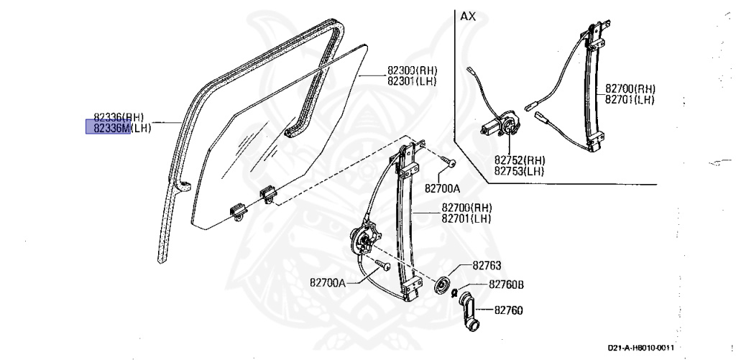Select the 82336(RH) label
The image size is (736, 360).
[x=119, y=116]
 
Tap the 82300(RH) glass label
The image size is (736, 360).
[x=412, y=70]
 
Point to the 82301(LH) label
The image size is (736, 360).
[x=412, y=80]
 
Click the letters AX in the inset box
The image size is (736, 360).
[x=468, y=15]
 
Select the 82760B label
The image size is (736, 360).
[x=506, y=285]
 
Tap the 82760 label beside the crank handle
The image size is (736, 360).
[x=508, y=310]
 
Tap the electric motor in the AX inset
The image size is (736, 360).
[x=504, y=126]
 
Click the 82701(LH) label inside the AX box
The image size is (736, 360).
[x=629, y=99]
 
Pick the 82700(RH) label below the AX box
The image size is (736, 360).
[x=466, y=208]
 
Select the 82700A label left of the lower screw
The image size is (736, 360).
[x=328, y=282]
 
